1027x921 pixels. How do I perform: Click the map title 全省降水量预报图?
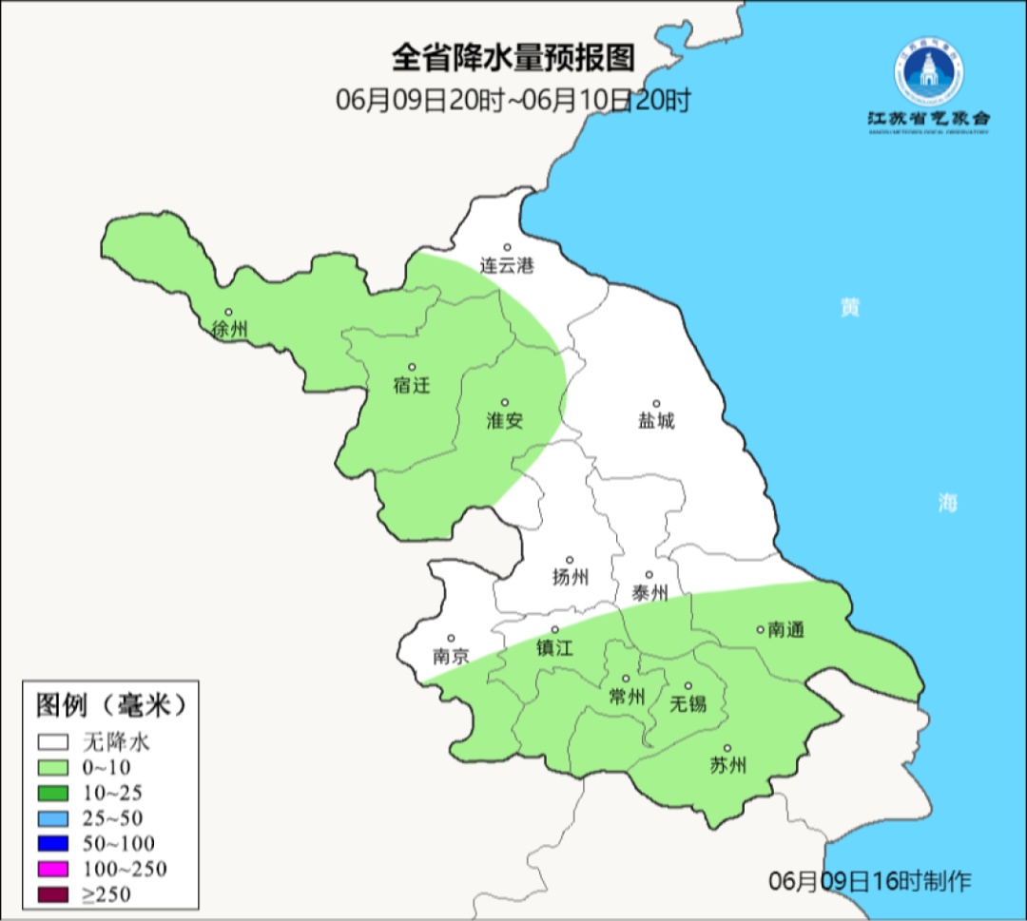(513, 59)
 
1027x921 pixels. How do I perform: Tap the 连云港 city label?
(507, 266)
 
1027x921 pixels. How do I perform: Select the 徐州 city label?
(230, 330)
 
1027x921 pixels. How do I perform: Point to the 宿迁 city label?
(412, 386)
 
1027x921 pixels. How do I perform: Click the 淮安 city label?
(505, 420)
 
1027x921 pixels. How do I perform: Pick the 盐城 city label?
(656, 420)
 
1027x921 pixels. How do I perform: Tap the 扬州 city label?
(571, 577)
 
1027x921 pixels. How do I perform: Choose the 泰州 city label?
(650, 593)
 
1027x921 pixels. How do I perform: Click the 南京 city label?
(451, 656)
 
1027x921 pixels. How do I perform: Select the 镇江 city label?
(555, 647)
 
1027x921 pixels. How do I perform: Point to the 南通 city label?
(785, 629)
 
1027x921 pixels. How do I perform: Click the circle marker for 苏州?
(727, 748)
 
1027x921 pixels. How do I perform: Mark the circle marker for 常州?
(626, 679)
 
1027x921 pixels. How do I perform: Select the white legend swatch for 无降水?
(53, 741)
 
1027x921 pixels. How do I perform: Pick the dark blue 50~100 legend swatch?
(53, 843)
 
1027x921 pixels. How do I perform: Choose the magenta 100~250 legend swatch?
(53, 869)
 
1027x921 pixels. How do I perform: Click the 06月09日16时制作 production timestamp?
(869, 881)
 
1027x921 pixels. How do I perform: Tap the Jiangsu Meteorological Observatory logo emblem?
(928, 72)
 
